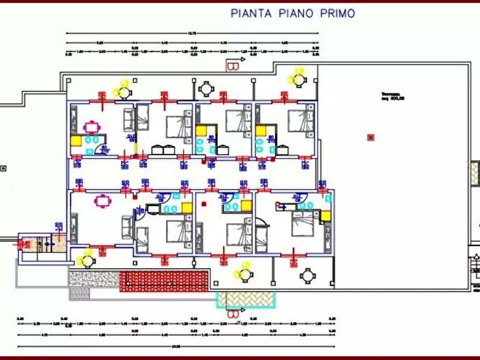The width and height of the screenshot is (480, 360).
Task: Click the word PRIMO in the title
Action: click(x=335, y=13)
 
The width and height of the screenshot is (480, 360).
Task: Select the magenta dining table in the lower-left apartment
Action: click(x=102, y=201)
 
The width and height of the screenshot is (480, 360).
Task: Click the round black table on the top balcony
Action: click(x=206, y=89)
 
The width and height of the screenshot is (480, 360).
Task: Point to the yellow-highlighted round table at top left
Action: click(x=124, y=90)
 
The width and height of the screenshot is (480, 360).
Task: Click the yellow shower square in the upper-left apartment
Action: click(x=76, y=141)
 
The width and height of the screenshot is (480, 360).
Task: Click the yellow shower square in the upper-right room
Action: click(x=261, y=131)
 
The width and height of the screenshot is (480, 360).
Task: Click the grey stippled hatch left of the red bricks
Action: click(x=94, y=278)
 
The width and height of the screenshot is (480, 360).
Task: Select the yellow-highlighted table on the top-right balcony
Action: click(x=297, y=78)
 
